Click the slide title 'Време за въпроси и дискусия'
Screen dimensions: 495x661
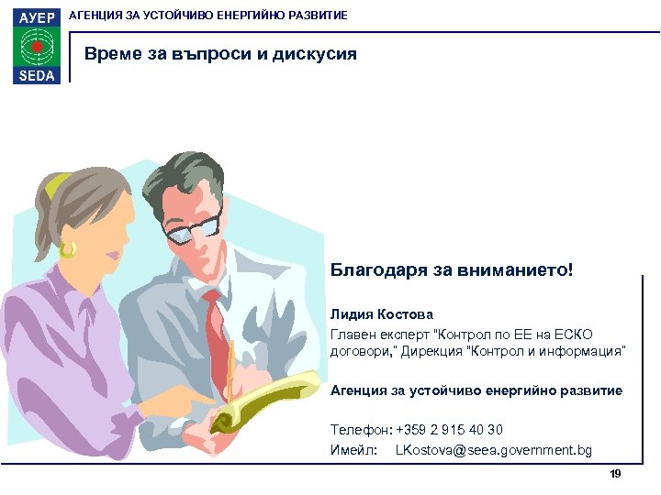220,54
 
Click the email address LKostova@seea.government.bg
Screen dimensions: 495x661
493,450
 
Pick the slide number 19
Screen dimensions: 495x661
615,473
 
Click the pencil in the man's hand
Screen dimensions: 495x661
231,367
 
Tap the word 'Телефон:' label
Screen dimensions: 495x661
361,430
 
